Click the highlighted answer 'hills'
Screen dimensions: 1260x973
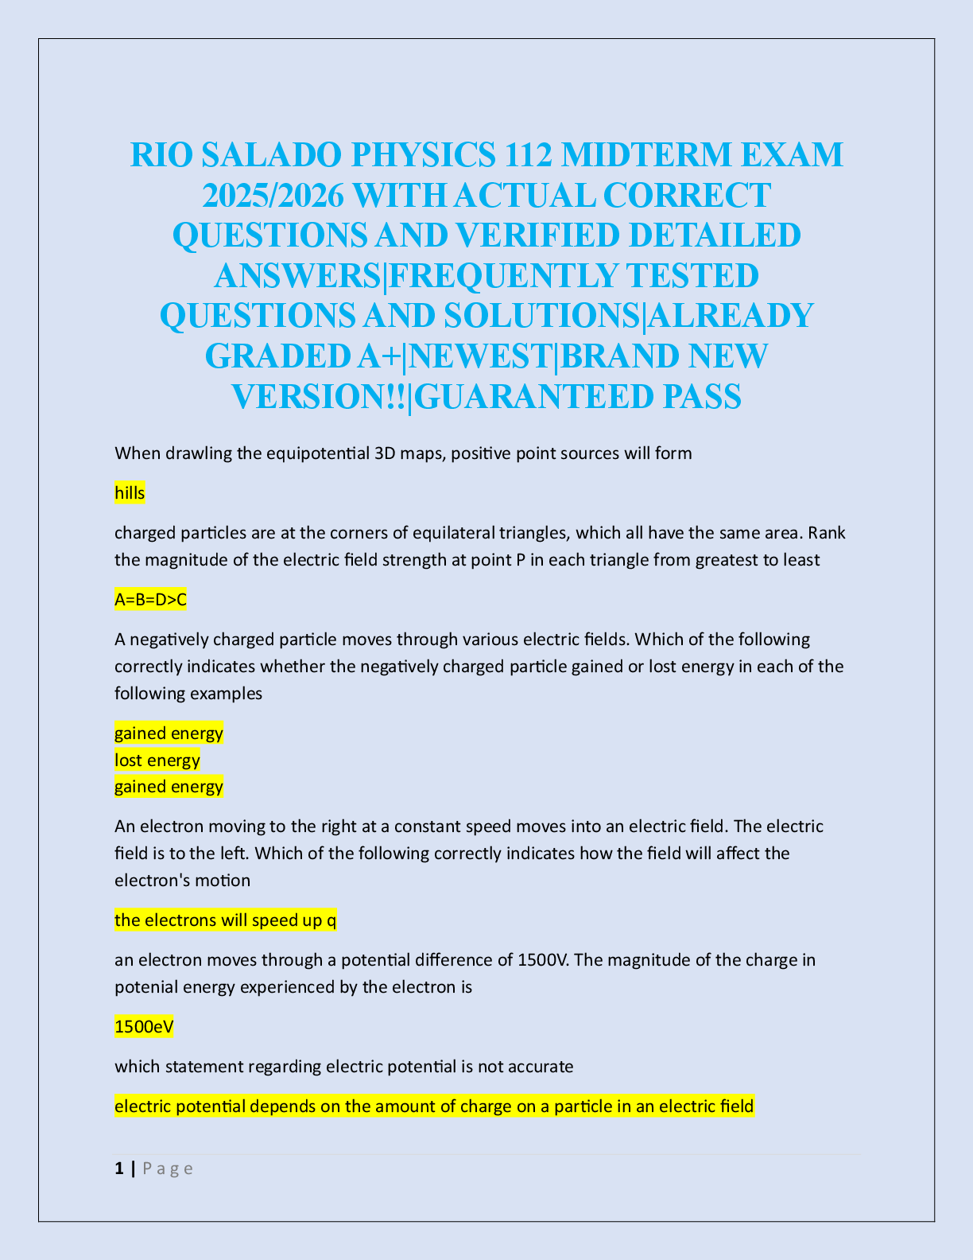130,493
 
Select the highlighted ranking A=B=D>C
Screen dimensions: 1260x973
150,600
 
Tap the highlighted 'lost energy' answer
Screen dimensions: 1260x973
157,760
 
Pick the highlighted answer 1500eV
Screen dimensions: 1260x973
143,1027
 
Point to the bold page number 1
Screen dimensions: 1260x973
119,1169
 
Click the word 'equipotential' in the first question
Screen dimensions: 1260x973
318,454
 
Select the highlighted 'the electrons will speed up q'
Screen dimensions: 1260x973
225,920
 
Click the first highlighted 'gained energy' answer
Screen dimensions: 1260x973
169,733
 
